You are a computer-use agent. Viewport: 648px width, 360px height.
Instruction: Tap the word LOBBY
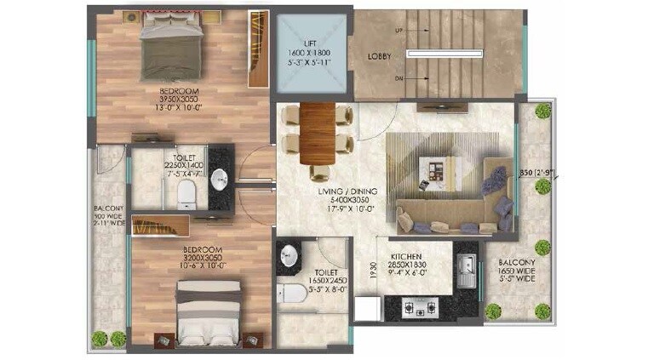[x=380, y=56]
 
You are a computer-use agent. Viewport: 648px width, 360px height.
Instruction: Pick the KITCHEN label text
[x=408, y=256]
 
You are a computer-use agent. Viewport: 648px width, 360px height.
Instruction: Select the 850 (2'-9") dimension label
[x=538, y=174]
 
